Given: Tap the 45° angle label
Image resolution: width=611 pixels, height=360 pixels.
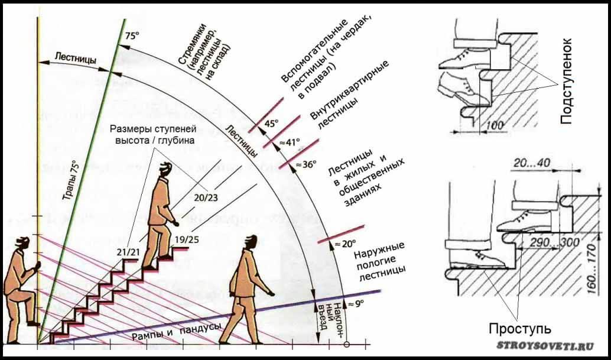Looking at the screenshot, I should tap(271, 124).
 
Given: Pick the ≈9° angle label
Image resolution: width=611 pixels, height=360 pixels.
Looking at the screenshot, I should tap(355, 303).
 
